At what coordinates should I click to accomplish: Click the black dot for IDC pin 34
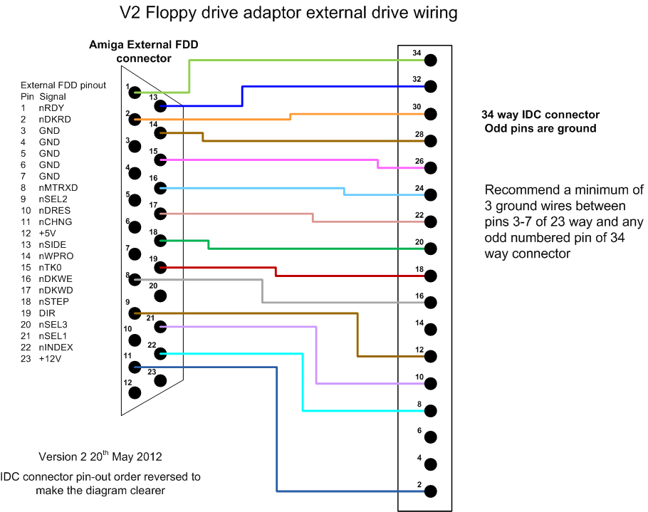point(429,61)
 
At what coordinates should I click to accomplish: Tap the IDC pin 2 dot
point(429,491)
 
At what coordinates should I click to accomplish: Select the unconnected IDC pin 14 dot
point(429,328)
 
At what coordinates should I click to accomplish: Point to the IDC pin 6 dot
point(429,437)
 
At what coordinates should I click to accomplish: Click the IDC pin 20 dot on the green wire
point(429,248)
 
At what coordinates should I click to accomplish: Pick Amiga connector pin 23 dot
point(160,381)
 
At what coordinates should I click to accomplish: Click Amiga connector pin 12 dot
point(134,393)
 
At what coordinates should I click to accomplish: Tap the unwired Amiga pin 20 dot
point(160,295)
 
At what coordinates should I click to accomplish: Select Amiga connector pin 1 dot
point(134,93)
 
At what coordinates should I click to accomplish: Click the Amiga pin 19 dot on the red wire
point(160,268)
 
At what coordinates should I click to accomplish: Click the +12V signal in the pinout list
point(51,359)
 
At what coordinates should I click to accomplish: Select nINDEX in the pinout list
point(56,348)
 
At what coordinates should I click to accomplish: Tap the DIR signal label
point(46,313)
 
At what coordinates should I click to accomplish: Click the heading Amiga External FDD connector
point(143,51)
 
